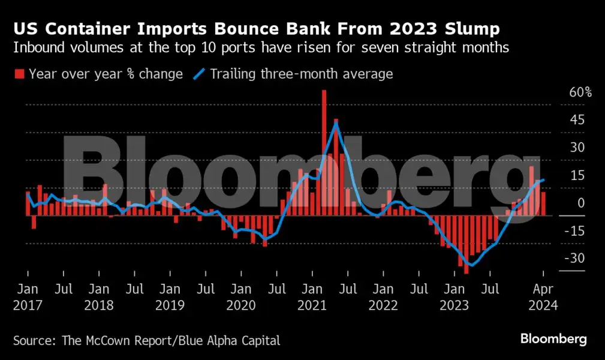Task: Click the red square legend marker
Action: pos(19,74)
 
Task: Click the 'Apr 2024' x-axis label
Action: pos(543,297)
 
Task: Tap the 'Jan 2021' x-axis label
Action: pos(312,297)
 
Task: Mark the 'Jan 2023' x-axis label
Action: pos(454,297)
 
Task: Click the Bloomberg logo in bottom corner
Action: pos(553,340)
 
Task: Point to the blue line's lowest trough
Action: pos(471,265)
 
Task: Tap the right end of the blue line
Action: pos(543,179)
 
